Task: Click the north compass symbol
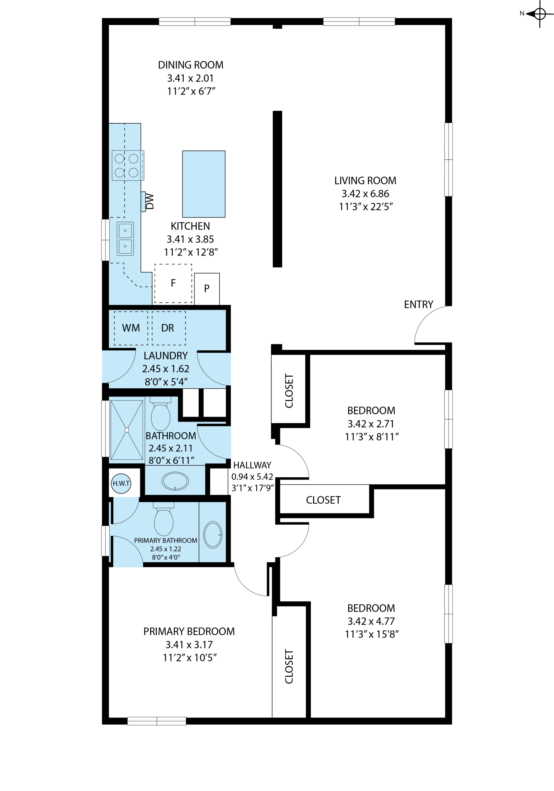click(x=539, y=14)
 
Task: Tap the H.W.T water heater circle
click(x=121, y=483)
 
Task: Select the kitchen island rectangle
click(x=204, y=184)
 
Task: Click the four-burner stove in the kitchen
click(x=128, y=165)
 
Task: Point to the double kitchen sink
click(x=125, y=239)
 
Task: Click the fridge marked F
click(x=173, y=284)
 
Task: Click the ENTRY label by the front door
click(x=418, y=305)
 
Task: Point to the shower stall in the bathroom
click(x=127, y=430)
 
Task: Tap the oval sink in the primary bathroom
click(x=213, y=535)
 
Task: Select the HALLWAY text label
click(x=252, y=465)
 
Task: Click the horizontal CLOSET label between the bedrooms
click(x=323, y=500)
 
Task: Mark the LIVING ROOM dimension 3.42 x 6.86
click(x=365, y=194)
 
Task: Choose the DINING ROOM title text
click(x=191, y=65)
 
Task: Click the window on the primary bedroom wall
click(x=157, y=721)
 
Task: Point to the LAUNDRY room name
click(x=166, y=356)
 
